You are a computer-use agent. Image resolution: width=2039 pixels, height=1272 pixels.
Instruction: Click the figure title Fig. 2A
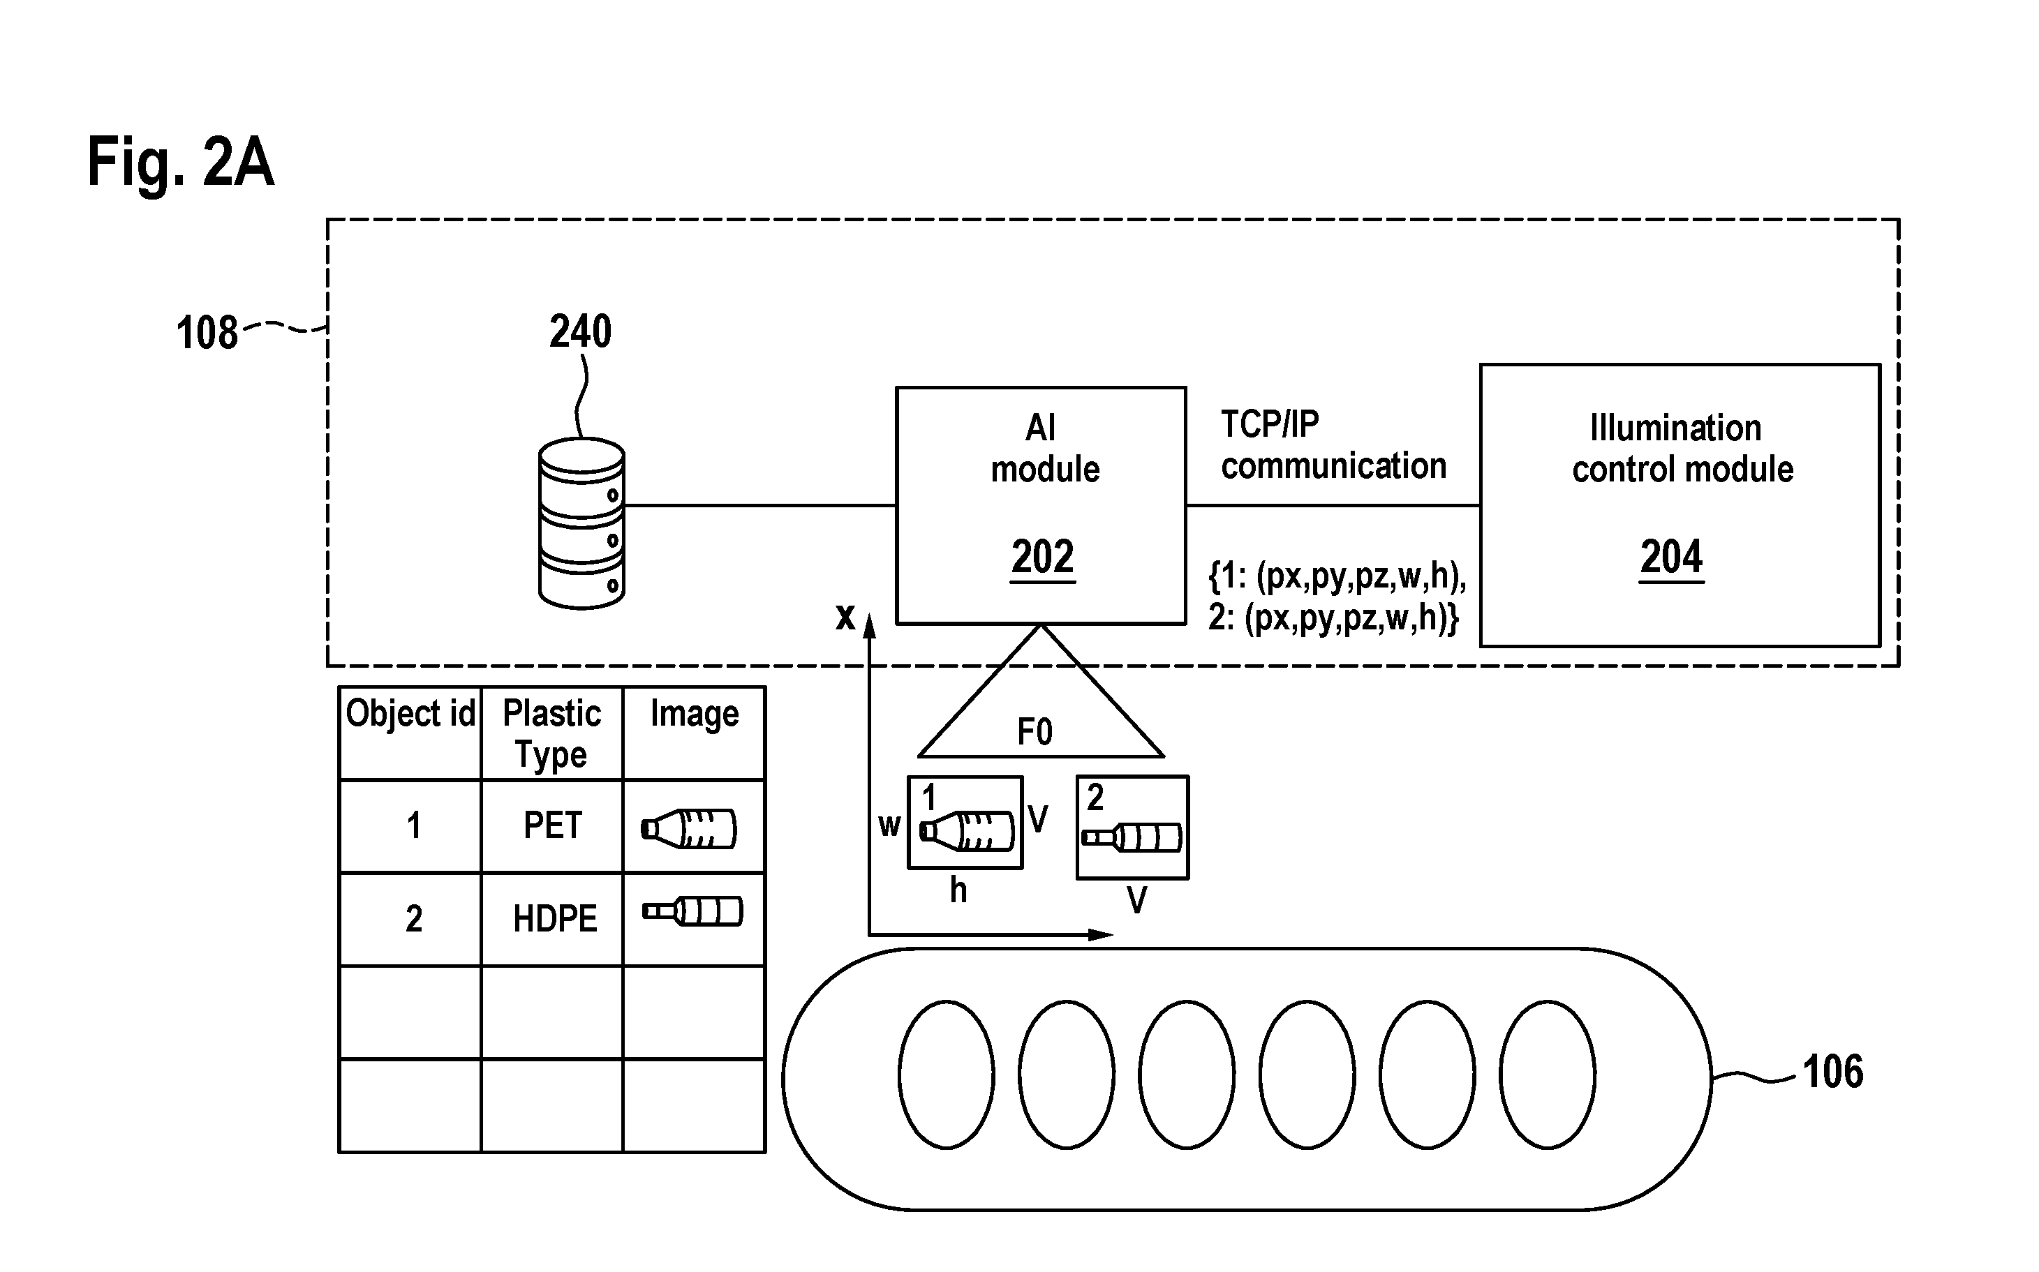180,163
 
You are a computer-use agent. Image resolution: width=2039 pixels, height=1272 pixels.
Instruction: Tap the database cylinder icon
581,523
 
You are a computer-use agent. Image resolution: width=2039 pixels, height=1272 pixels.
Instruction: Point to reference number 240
580,331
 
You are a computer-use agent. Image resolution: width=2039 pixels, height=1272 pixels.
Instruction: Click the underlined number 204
1671,557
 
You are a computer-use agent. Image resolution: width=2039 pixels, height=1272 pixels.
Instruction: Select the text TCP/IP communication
1333,446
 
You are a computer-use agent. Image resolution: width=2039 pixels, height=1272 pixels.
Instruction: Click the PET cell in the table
552,825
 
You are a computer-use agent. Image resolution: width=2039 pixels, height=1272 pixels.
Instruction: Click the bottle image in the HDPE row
692,912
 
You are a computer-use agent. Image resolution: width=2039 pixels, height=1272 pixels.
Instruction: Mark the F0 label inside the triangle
1035,732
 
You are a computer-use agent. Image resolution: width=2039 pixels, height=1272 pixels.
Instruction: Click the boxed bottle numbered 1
965,822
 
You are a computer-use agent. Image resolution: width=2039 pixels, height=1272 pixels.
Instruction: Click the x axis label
845,617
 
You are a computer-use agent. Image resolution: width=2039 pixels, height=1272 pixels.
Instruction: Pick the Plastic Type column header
551,733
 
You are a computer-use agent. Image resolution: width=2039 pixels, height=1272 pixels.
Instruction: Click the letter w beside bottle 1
889,826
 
